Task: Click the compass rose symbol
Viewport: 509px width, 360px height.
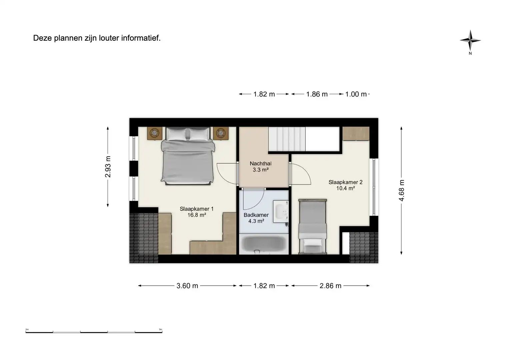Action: click(x=470, y=41)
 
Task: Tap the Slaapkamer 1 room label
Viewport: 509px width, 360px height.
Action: click(x=196, y=212)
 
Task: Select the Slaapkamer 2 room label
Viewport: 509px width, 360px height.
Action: click(x=345, y=185)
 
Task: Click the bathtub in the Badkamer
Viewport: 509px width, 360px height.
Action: click(x=264, y=244)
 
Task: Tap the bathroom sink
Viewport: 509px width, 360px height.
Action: click(x=281, y=211)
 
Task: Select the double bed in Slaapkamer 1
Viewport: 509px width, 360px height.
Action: click(x=187, y=155)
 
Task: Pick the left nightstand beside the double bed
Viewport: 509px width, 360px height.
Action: click(x=155, y=133)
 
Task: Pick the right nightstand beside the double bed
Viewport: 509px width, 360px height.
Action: click(x=221, y=133)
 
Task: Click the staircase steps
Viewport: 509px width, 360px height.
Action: click(x=287, y=139)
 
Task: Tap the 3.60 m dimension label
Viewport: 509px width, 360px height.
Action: click(x=187, y=286)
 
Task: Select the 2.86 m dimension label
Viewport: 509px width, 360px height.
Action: click(x=330, y=286)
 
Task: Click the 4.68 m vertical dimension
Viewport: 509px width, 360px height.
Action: click(x=402, y=190)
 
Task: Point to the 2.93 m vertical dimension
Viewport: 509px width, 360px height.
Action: click(x=108, y=167)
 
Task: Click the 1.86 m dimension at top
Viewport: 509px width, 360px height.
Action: click(x=317, y=94)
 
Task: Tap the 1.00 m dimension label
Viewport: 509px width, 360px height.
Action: click(x=356, y=94)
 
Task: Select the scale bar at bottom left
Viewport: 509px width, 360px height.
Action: click(x=94, y=332)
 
